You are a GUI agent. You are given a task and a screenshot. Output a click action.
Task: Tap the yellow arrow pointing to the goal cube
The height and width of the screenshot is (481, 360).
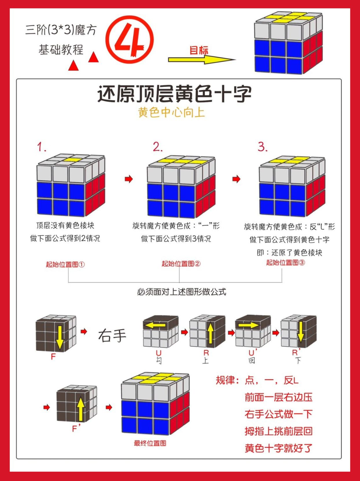pyautogui.click(x=201, y=59)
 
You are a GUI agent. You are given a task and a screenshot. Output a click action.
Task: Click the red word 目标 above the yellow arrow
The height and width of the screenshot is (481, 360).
pyautogui.click(x=199, y=50)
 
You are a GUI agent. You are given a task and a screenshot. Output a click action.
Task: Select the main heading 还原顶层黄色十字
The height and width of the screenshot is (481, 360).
pyautogui.click(x=174, y=94)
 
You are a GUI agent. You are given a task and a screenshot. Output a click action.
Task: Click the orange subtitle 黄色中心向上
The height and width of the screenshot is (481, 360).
pyautogui.click(x=172, y=112)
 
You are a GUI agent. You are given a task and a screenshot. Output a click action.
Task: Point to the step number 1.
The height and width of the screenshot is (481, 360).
pyautogui.click(x=41, y=147)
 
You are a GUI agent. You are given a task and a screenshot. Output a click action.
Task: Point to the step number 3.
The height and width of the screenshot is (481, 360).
pyautogui.click(x=263, y=147)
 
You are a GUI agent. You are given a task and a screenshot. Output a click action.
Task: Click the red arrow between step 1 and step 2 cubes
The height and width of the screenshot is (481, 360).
pyautogui.click(x=129, y=179)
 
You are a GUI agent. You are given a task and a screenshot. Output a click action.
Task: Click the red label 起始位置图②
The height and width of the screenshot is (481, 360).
pyautogui.click(x=181, y=264)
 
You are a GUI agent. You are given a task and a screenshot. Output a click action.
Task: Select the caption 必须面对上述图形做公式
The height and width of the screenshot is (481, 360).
pyautogui.click(x=181, y=292)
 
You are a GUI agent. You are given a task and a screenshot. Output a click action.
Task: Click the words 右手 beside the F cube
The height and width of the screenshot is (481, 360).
pyautogui.click(x=112, y=336)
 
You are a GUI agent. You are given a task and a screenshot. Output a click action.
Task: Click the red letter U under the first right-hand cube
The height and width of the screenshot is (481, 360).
pyautogui.click(x=159, y=353)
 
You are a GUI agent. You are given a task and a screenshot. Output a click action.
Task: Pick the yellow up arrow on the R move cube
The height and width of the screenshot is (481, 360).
pyautogui.click(x=210, y=333)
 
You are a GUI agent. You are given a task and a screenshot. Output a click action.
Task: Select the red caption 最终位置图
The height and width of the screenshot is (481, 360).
pyautogui.click(x=150, y=443)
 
